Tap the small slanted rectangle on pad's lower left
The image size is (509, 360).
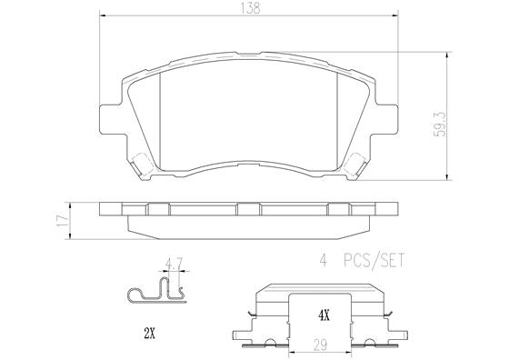tap(142, 165)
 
